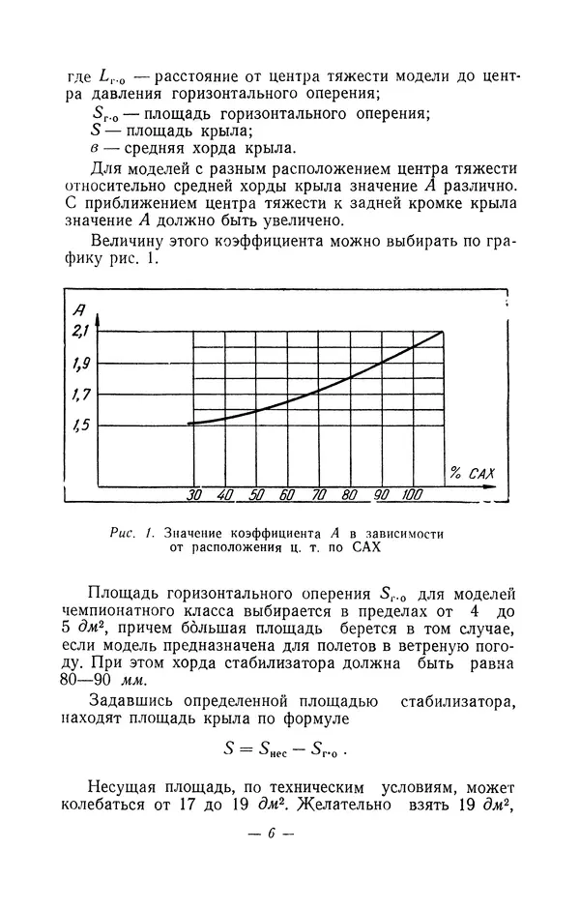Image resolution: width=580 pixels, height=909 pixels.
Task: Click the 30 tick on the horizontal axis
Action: click(x=194, y=495)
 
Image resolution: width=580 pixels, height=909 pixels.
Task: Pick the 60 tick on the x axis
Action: click(x=287, y=495)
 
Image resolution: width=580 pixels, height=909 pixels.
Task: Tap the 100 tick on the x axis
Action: click(x=413, y=495)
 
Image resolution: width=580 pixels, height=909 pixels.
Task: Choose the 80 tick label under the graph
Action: click(x=349, y=495)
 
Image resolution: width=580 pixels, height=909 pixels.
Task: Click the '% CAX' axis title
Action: click(x=472, y=473)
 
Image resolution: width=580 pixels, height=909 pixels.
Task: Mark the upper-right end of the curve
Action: click(x=444, y=332)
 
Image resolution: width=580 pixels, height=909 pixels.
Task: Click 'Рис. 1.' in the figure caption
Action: click(x=138, y=532)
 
